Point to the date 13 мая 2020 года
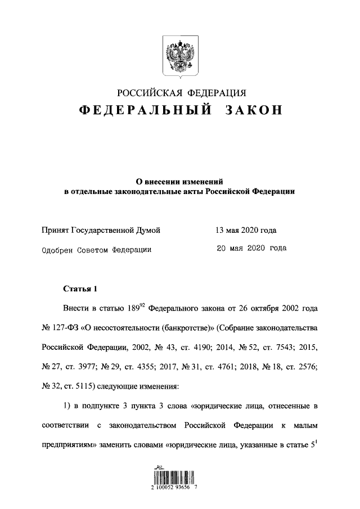(x=246, y=230)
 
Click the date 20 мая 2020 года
(x=251, y=248)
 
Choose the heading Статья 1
(x=80, y=290)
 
